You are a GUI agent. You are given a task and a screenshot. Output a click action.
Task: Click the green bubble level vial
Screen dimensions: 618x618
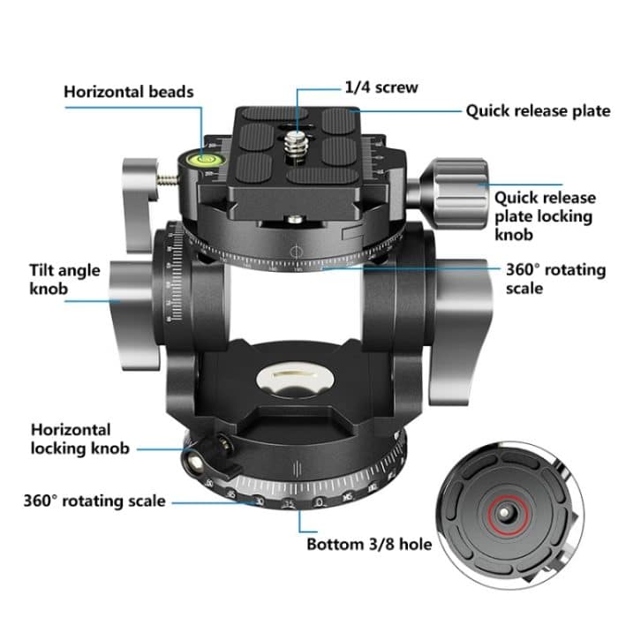(x=209, y=160)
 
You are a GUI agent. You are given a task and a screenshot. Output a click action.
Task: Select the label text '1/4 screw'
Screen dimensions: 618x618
(x=381, y=88)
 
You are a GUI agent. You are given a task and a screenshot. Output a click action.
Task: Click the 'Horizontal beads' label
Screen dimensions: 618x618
(x=128, y=91)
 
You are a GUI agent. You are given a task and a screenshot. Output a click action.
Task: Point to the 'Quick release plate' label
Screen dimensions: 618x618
(x=538, y=111)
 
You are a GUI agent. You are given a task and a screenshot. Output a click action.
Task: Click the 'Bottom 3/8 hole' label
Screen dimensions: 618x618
(x=369, y=544)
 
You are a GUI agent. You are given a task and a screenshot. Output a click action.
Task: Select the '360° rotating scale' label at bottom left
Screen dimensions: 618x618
(x=94, y=501)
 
